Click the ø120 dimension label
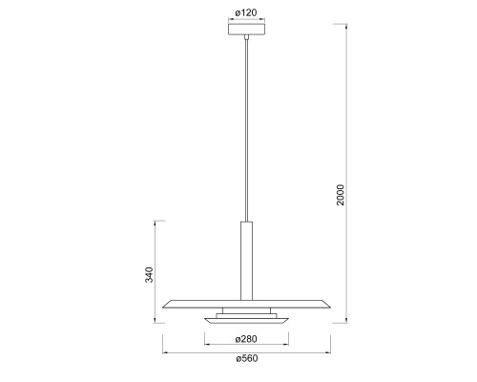(x=246, y=12)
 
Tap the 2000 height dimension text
(x=341, y=195)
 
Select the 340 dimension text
(x=149, y=275)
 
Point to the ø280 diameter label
(x=246, y=339)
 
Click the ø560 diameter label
(x=247, y=358)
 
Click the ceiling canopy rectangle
(x=247, y=30)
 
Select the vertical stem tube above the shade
(x=246, y=261)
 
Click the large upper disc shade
(x=246, y=304)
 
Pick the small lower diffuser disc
(x=246, y=321)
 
